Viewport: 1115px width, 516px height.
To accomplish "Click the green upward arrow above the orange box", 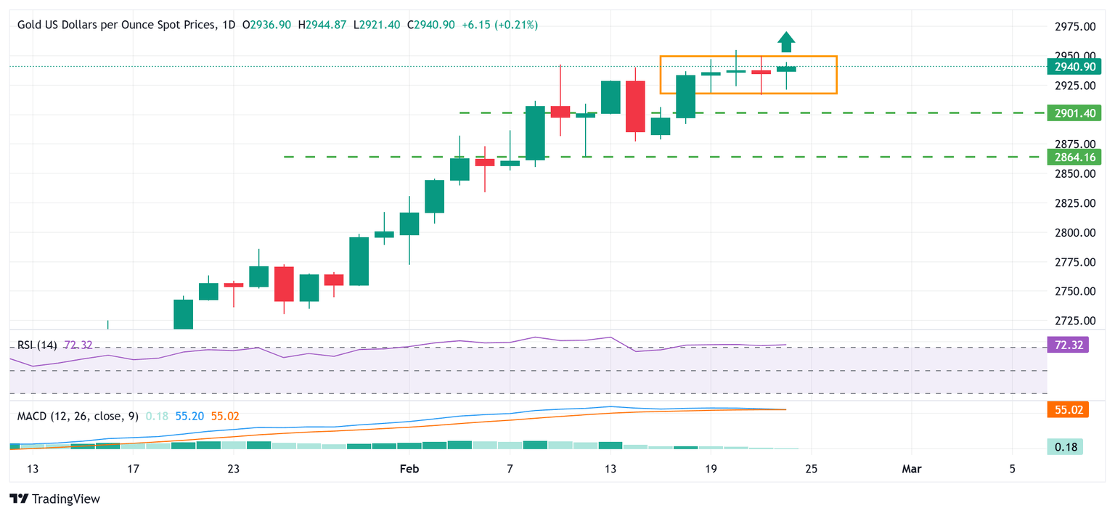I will (785, 42).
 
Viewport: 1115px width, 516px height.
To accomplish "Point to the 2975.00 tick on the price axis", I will (1074, 27).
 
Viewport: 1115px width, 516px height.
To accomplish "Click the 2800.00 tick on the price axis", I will (1074, 232).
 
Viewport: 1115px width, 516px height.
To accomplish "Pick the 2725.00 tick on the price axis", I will (1074, 320).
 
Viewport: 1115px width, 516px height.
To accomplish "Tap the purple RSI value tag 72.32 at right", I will (1064, 345).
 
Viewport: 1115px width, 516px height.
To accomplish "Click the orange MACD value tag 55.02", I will (1064, 410).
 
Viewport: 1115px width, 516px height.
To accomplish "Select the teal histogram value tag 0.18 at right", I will (1064, 446).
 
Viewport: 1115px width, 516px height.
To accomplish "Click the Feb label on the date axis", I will (409, 470).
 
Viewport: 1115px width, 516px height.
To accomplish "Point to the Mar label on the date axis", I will (912, 470).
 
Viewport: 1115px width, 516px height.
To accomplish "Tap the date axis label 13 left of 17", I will (33, 470).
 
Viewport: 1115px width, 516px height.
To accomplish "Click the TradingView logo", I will (54, 499).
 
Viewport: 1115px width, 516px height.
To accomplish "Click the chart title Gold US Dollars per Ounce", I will (117, 25).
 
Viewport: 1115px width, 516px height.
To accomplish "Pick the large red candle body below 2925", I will (635, 107).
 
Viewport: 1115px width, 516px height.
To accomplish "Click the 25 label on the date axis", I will (812, 470).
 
